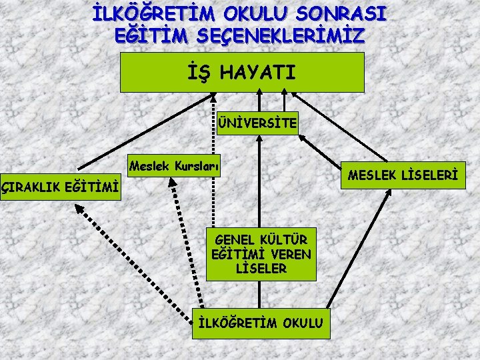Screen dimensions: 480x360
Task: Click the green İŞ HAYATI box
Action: [x=242, y=72]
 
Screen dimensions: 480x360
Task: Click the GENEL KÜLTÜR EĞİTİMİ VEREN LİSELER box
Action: [x=261, y=254]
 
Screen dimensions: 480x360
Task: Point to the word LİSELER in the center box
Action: [x=261, y=269]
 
